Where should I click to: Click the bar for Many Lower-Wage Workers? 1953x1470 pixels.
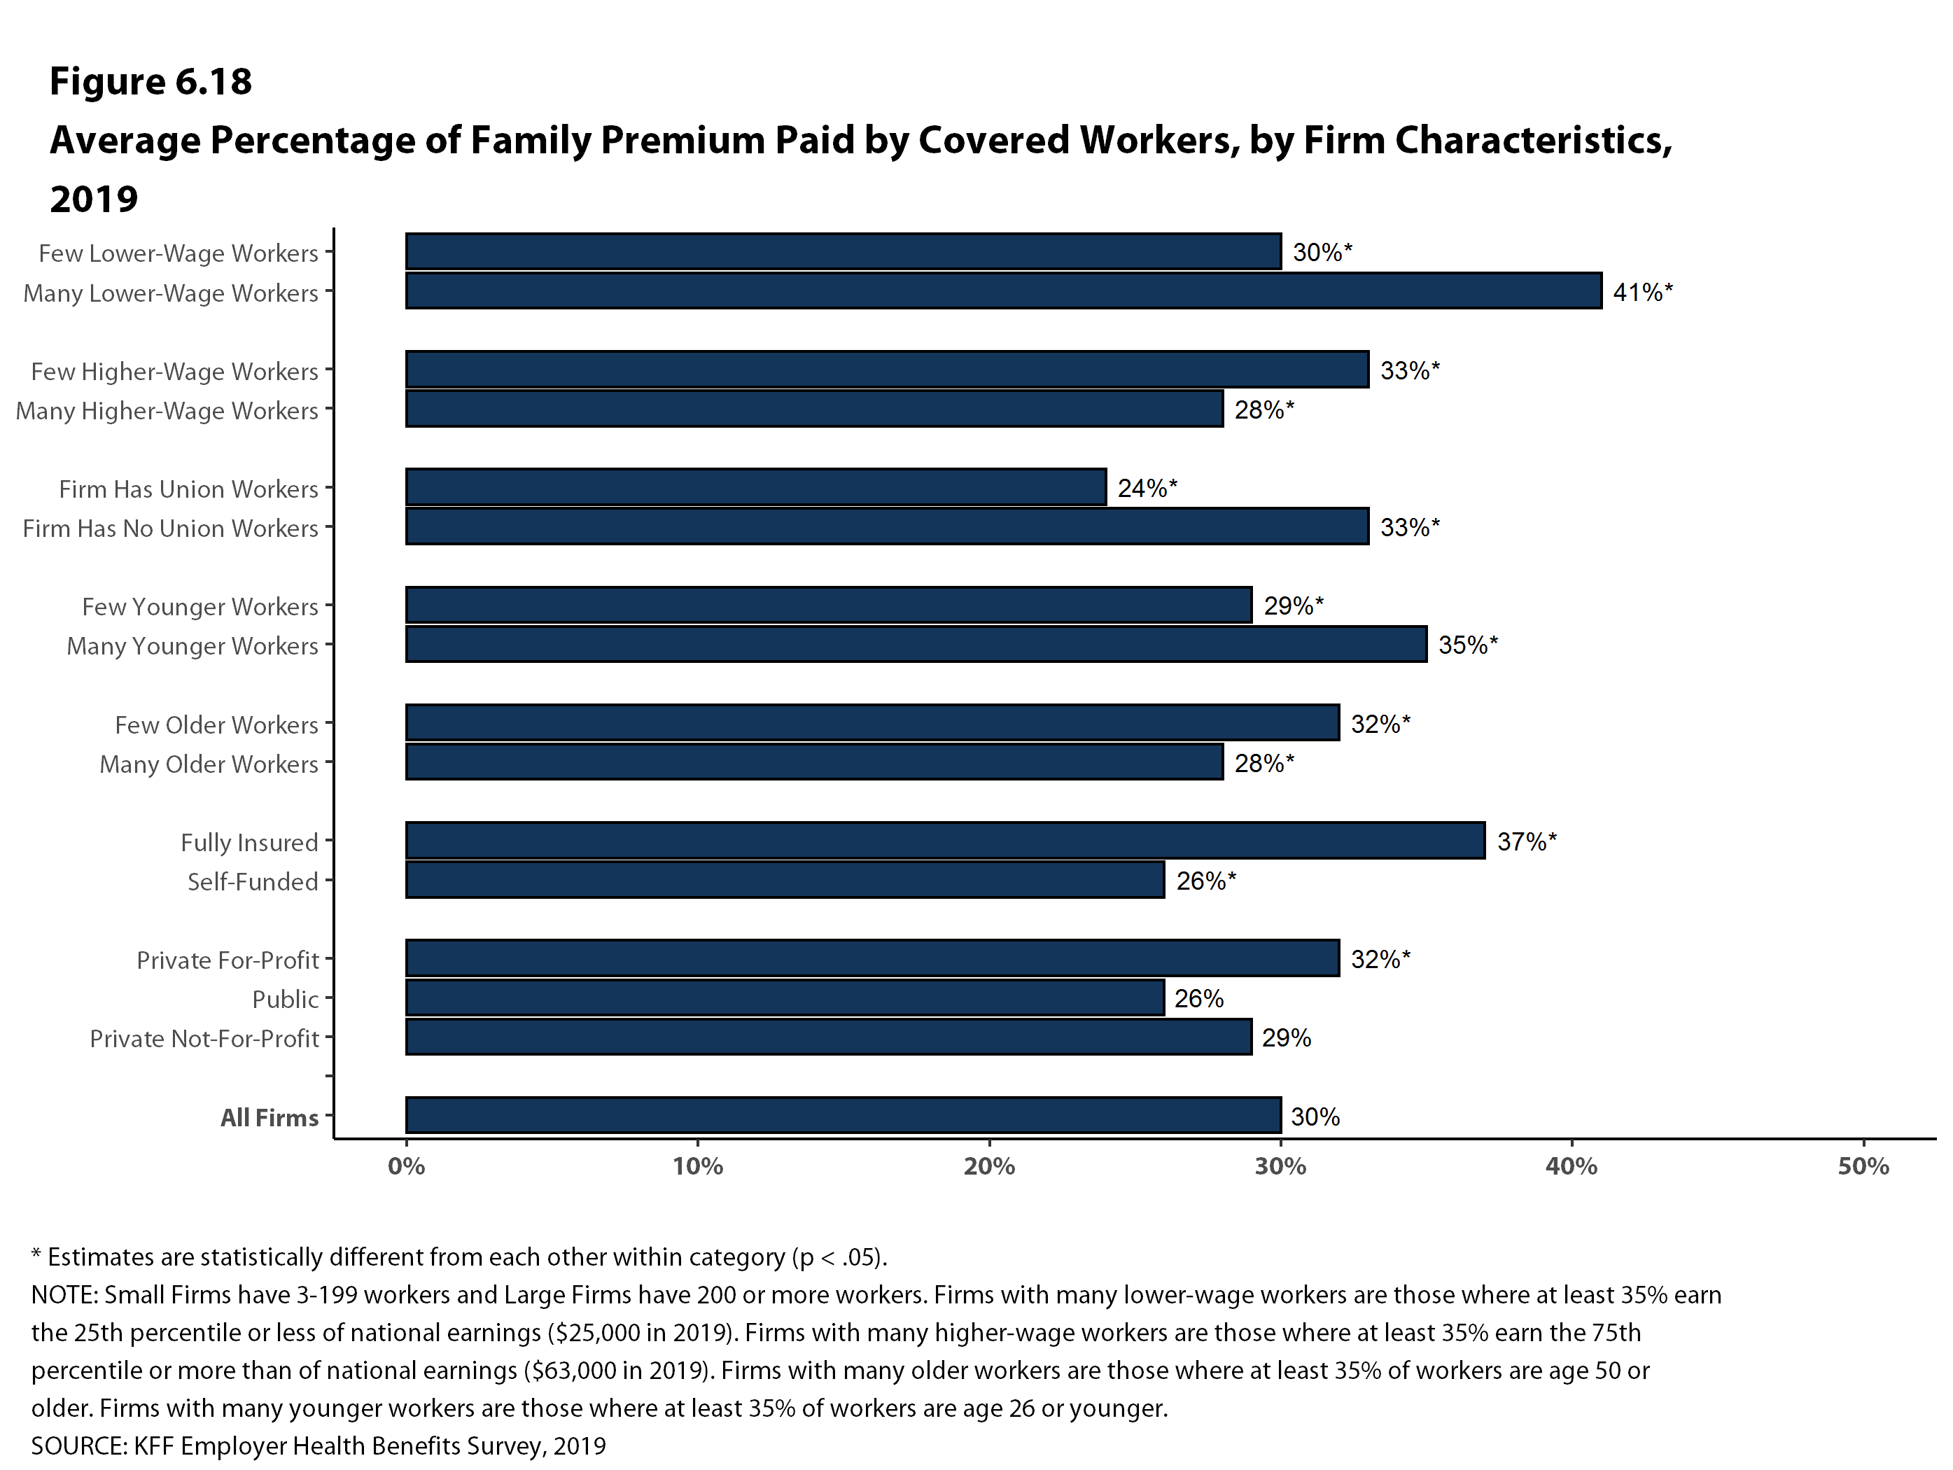(1003, 290)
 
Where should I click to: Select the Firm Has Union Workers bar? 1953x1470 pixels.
(756, 487)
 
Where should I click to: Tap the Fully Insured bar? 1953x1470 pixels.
(945, 841)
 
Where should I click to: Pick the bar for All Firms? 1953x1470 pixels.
(843, 1115)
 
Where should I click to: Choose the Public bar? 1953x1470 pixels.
(785, 997)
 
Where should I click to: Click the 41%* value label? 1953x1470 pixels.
(1642, 292)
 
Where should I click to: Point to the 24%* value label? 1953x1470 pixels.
(1147, 488)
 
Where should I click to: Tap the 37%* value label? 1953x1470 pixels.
(1527, 841)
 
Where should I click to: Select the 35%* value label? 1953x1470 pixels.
(1467, 645)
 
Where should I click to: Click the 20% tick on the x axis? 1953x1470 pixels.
(989, 1166)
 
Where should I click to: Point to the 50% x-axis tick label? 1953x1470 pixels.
(1863, 1166)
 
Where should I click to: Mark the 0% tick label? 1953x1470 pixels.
(406, 1166)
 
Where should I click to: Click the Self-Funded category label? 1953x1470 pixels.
(253, 881)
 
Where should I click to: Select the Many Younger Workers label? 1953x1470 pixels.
(192, 645)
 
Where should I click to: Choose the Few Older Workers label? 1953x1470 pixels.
(216, 724)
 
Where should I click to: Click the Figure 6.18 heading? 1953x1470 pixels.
(151, 81)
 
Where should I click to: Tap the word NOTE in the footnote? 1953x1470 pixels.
(64, 1294)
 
